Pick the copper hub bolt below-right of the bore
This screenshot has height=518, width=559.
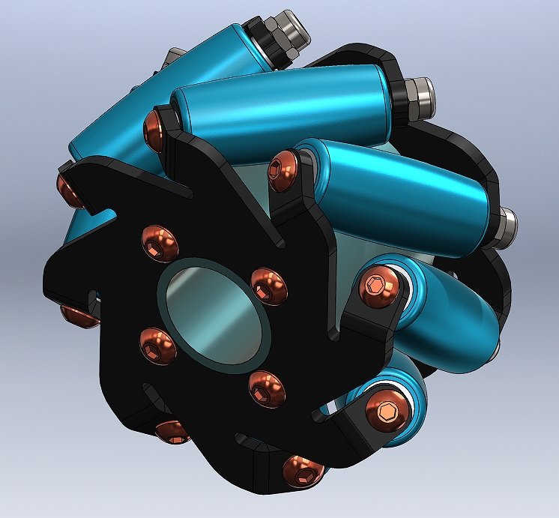click(x=267, y=388)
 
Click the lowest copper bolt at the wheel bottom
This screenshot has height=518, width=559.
click(x=302, y=471)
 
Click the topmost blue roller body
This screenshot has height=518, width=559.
click(x=202, y=60)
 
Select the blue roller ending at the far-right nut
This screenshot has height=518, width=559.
click(x=405, y=187)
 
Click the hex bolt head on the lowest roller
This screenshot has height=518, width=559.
click(x=387, y=410)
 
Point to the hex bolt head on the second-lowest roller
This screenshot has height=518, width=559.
click(x=378, y=288)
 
